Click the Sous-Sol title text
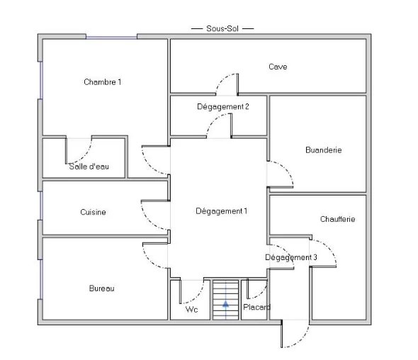coord(222,28)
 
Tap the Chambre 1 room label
coord(102,82)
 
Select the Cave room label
coord(278,67)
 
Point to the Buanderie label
coord(323,150)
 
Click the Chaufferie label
coord(337,219)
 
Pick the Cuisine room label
coord(93,212)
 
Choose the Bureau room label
coord(101,288)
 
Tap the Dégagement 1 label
coord(221,211)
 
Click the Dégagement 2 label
coord(223,107)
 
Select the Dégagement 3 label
coord(291,257)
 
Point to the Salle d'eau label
coord(89,167)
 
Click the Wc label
coord(192,310)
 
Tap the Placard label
coord(256,307)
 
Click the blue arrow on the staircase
coord(226,304)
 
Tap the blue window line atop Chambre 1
coord(111,38)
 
